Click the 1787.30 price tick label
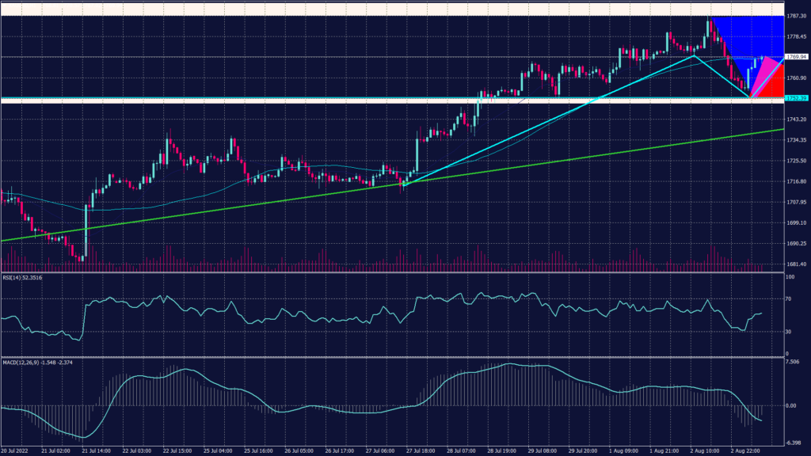coord(796,15)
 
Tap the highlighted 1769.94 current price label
coord(796,57)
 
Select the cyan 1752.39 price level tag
coord(796,98)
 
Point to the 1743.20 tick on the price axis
coord(796,119)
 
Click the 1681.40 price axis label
coord(796,264)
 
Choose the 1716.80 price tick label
coord(796,181)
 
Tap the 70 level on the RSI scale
coord(789,300)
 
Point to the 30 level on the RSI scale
coord(789,331)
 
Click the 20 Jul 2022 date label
coord(16,450)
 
